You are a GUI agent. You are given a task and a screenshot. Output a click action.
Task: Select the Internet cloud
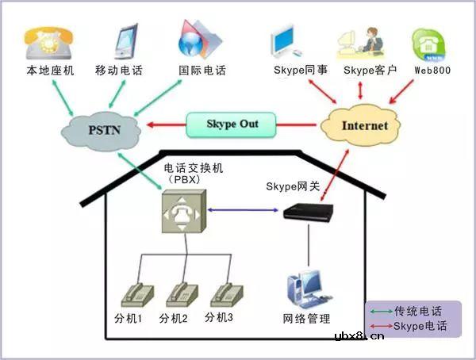tap(364, 125)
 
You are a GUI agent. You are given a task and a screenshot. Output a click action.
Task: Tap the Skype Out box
tap(232, 124)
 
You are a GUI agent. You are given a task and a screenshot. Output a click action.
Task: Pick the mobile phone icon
tap(127, 41)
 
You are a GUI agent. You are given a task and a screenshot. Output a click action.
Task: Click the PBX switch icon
tap(182, 210)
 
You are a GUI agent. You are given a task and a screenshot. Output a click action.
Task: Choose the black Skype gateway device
tap(310, 212)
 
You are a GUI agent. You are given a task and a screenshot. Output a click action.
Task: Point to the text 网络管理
tap(306, 320)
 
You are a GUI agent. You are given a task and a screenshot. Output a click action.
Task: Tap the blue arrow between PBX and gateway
tap(241, 210)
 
